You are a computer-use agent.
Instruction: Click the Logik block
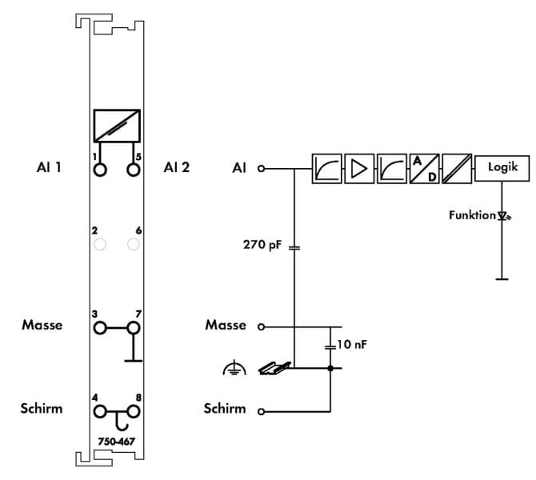[502, 168]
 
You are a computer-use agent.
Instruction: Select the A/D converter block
[424, 169]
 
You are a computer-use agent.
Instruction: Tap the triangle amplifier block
[359, 169]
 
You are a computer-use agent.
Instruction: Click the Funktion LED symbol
[502, 216]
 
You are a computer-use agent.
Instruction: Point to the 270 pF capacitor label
[262, 245]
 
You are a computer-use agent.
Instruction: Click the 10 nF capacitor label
[352, 344]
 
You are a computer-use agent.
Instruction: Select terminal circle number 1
[100, 170]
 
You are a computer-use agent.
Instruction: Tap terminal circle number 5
[134, 170]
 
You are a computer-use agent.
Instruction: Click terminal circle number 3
[100, 328]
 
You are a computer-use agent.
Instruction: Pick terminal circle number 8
[134, 412]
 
